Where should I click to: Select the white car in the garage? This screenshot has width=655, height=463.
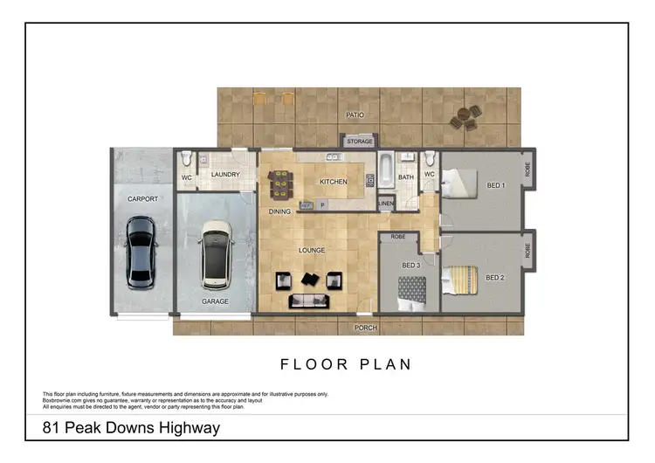point(216,257)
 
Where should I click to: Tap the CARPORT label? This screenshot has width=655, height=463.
point(142,199)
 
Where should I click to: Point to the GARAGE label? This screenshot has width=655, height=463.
point(215,301)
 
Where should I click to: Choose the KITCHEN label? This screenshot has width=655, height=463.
point(333,182)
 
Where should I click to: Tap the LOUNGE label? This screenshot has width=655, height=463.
point(312,251)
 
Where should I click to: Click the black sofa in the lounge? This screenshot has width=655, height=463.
point(308,301)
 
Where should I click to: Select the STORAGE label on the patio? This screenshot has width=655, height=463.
point(360,142)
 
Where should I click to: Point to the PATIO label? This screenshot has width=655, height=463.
point(354,114)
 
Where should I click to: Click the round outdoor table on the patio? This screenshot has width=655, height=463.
point(464,117)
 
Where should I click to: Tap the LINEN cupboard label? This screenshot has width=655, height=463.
point(386,204)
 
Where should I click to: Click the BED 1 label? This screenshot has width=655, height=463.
point(494,186)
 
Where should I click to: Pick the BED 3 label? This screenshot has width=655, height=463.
point(410,265)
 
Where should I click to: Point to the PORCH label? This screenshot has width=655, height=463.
point(364,328)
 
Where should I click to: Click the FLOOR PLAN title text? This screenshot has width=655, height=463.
point(345,364)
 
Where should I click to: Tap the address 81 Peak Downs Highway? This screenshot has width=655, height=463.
point(131,428)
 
